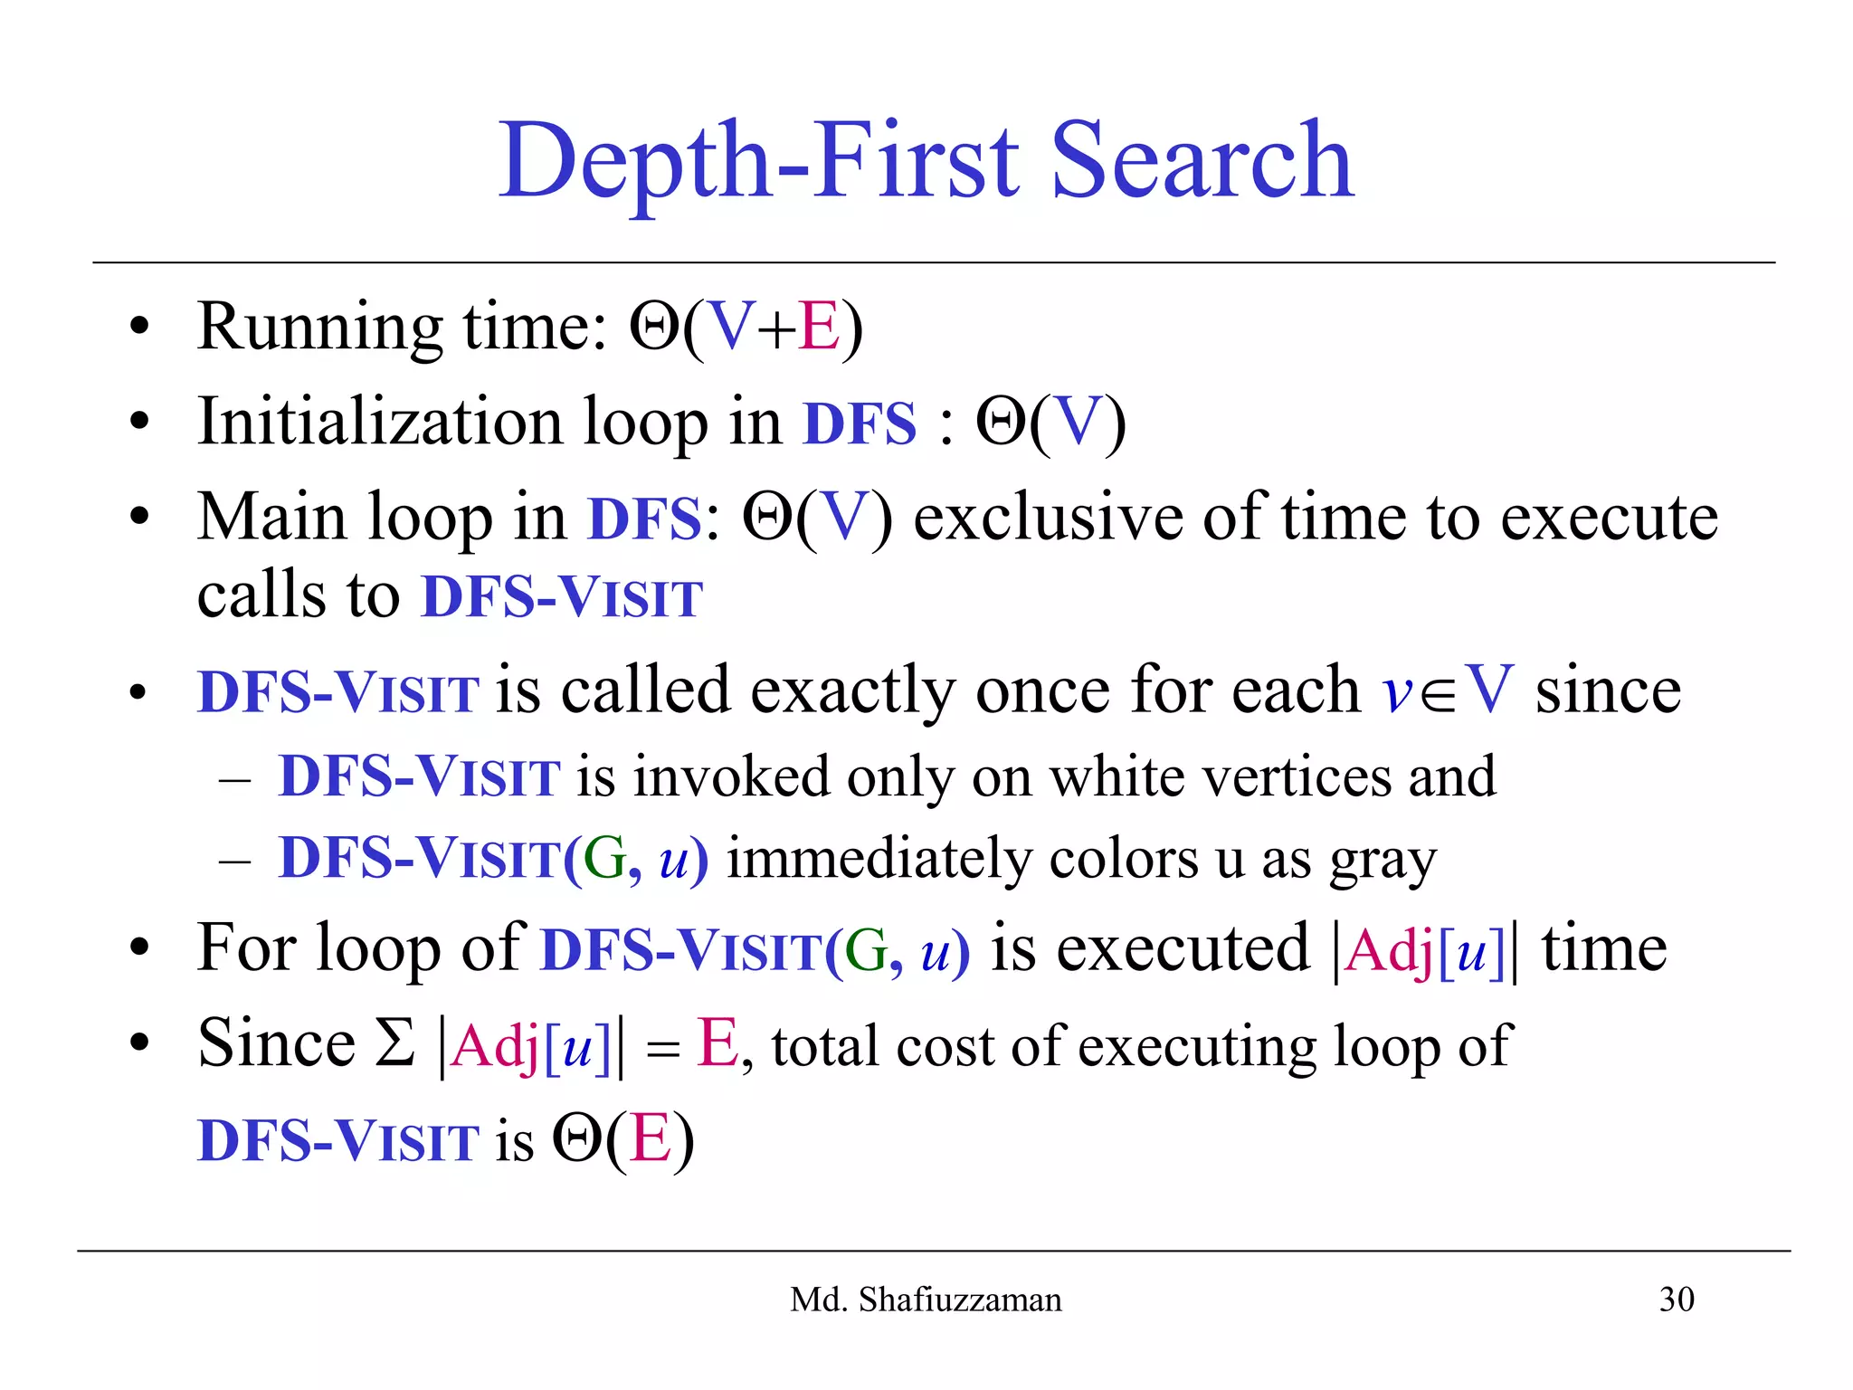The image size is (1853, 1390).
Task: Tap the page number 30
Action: click(x=1676, y=1300)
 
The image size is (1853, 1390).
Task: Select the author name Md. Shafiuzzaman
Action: click(x=926, y=1300)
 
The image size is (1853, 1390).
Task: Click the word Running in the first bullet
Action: click(x=319, y=328)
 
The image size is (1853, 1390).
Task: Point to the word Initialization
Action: click(x=379, y=423)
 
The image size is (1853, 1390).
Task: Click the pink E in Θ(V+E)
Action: click(x=820, y=327)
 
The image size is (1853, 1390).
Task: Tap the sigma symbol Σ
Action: click(x=394, y=1044)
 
